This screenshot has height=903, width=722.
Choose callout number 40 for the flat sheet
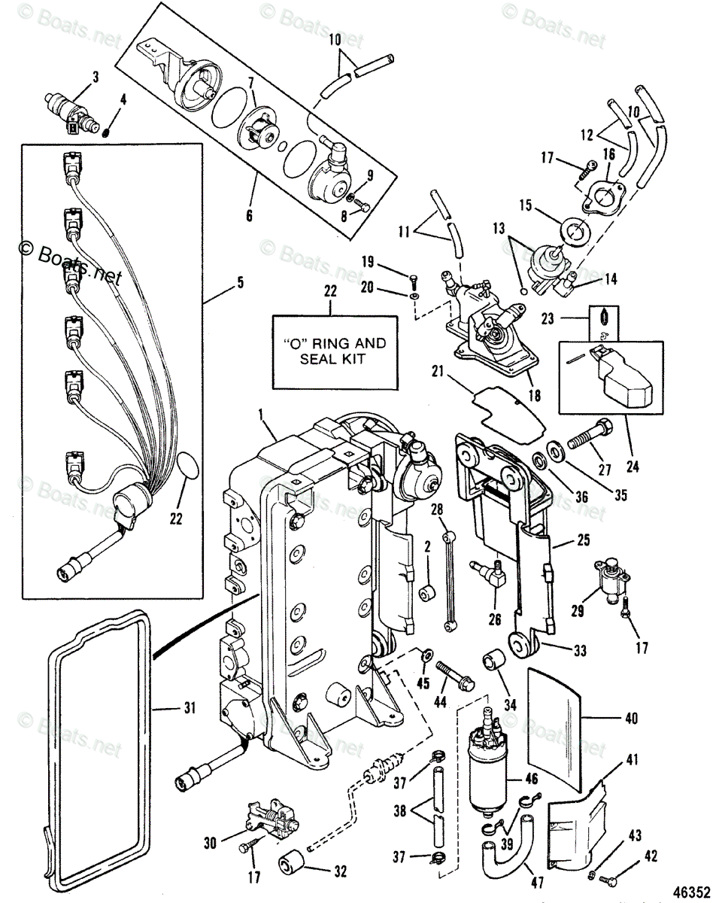pos(630,719)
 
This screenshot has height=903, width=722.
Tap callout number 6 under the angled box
pos(250,217)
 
